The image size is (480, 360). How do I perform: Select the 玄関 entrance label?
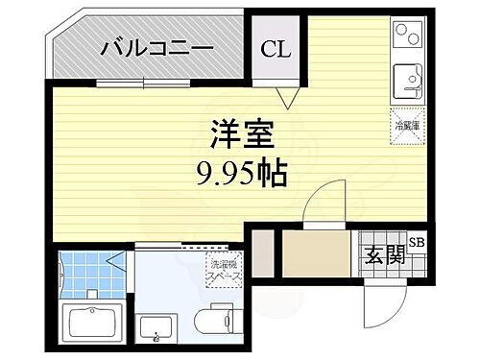tap(383, 254)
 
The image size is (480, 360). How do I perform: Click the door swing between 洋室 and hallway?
tap(320, 206)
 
